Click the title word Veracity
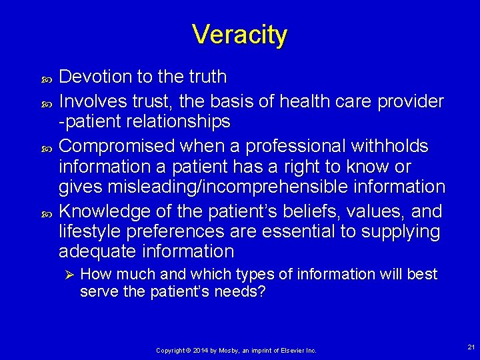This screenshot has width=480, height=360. tap(239, 34)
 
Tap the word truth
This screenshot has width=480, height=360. tap(205, 77)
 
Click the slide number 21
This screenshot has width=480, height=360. tap(471, 347)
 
